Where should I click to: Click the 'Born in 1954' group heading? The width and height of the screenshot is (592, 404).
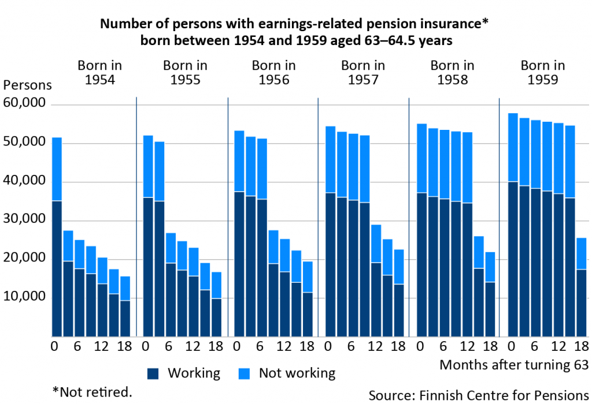[100, 73]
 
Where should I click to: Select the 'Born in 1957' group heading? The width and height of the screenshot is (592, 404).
[362, 73]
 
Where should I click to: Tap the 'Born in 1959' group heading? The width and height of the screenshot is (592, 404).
[543, 73]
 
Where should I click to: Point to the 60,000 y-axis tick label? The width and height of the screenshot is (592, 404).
[24, 104]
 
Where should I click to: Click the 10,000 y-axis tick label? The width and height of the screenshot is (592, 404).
[24, 297]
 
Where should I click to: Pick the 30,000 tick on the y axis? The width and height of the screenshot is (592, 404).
[24, 220]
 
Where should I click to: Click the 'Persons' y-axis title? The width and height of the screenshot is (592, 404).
[28, 85]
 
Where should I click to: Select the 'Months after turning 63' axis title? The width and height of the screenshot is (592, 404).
[513, 365]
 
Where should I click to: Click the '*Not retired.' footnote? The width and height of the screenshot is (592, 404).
[92, 392]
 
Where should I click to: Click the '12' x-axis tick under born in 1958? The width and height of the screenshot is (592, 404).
[467, 347]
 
